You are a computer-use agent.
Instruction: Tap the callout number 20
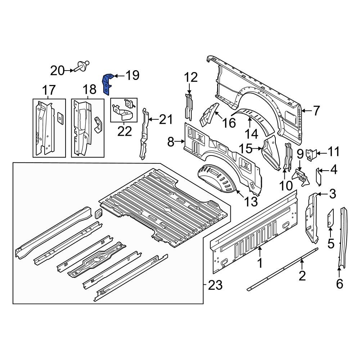coord(57,71)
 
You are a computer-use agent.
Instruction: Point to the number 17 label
coord(49,90)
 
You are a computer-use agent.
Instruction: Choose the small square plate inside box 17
coord(59,116)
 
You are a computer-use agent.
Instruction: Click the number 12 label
coord(191,77)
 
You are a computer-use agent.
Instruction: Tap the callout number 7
coord(316,111)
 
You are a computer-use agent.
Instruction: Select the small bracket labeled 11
coord(310,154)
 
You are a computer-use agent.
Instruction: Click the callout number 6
coord(339,284)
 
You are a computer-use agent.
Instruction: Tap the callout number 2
coord(302,276)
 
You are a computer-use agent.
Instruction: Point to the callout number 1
coord(260,264)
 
